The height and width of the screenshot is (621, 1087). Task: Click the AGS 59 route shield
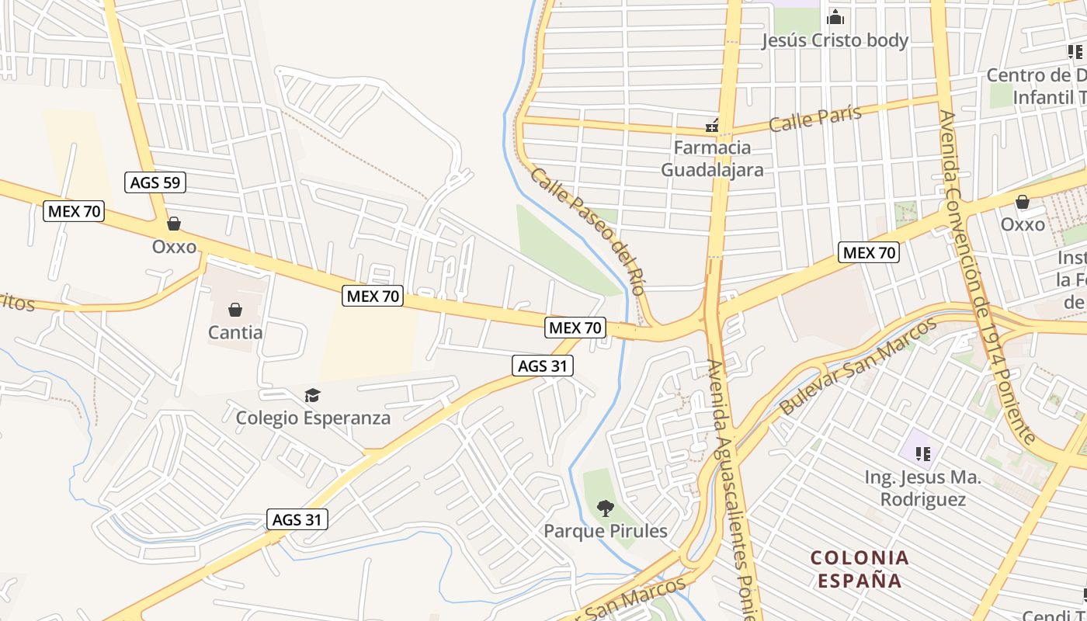[x=155, y=183]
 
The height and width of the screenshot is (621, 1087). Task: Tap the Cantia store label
[x=235, y=333]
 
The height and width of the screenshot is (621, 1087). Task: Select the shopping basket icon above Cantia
[x=235, y=310]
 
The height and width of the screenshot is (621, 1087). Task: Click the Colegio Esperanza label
[x=313, y=418]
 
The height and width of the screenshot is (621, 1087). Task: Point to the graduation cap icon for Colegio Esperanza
[x=312, y=396]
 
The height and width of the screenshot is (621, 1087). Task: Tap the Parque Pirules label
[x=606, y=531]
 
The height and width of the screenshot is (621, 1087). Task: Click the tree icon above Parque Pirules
[x=606, y=509]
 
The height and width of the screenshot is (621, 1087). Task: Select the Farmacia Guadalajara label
[x=712, y=158]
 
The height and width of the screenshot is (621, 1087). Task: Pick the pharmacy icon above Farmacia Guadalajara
[x=711, y=125]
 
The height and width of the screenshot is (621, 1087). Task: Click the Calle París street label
[x=815, y=118]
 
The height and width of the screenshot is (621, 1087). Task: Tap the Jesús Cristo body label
[x=835, y=40]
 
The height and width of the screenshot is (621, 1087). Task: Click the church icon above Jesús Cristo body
[x=835, y=16]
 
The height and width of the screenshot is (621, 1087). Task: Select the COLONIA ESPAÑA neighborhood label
[x=859, y=569]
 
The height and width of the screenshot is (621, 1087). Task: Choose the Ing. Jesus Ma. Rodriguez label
[x=922, y=488]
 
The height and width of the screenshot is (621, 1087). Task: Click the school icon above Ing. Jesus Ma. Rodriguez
[x=922, y=453]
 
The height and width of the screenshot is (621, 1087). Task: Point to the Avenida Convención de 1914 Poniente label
[x=985, y=276]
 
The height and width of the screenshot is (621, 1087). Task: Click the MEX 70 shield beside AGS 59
[x=75, y=211]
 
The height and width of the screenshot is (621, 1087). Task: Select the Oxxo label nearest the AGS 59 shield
[x=174, y=247]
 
